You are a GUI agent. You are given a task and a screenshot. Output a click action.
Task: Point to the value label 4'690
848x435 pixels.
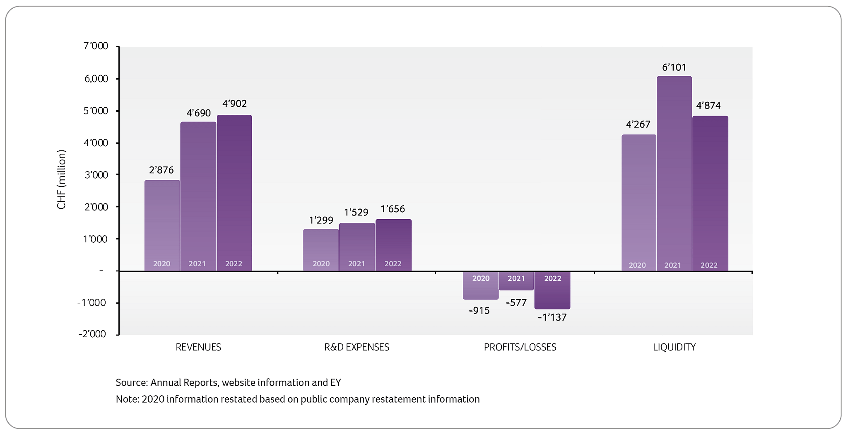pos(199,113)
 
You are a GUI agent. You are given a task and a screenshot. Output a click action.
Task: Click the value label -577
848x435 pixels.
pos(516,303)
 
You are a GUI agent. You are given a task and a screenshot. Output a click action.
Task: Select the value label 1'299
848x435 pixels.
pos(321,220)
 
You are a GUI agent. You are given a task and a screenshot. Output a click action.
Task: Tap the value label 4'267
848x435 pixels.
pos(638,124)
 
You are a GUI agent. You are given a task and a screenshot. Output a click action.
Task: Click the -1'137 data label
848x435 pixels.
pos(552,317)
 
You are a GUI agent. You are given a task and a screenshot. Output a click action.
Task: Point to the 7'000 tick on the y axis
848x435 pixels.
pos(96,46)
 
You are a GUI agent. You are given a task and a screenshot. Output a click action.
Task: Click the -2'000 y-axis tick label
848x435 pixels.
pos(92,334)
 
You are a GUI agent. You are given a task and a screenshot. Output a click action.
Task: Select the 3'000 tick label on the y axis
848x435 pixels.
pos(96,175)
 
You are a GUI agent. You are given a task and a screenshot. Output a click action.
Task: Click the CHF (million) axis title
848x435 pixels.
pos(61,179)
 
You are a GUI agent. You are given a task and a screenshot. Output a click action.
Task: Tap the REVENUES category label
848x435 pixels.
pos(198,347)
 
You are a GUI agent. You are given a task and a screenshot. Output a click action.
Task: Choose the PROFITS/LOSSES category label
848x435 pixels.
pos(520,347)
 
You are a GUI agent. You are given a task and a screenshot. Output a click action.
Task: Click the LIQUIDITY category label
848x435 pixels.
pos(674,347)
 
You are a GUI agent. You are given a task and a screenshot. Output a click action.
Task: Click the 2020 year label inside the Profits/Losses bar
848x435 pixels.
pos(481,278)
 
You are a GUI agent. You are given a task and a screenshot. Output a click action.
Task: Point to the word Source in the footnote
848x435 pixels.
pos(131,382)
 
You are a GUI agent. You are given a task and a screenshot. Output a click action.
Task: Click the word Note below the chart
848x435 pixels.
pos(126,399)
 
